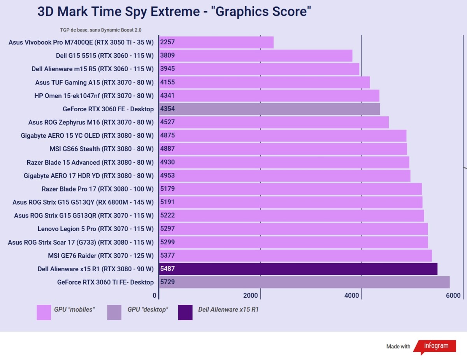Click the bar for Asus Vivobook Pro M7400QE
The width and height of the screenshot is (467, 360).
216,42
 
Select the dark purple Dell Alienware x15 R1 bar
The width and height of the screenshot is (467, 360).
298,269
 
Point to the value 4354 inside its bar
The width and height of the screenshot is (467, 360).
167,109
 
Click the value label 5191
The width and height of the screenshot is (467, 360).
167,202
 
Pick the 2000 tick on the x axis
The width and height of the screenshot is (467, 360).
251,296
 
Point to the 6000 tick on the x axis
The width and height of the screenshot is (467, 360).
453,296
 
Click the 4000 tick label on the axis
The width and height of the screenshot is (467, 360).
352,296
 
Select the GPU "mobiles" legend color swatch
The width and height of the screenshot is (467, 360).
44,313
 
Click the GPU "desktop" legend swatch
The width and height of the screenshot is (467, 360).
114,313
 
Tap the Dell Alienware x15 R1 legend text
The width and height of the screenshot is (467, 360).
228,310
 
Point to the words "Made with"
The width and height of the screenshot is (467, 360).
398,346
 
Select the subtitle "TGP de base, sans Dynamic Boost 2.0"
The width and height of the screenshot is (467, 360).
101,30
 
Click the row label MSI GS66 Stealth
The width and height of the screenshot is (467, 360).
102,149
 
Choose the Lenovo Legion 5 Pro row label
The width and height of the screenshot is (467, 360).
96,229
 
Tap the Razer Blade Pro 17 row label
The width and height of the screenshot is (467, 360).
98,189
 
